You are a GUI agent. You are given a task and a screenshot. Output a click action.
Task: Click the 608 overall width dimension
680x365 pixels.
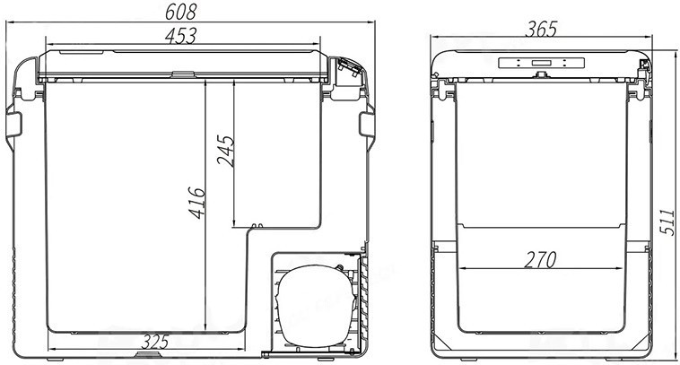(181, 12)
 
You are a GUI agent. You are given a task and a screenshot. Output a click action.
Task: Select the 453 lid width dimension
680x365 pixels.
(181, 36)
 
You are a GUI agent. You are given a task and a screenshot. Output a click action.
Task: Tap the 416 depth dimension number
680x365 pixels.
(196, 203)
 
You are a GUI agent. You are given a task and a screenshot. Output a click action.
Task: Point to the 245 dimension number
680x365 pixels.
(226, 151)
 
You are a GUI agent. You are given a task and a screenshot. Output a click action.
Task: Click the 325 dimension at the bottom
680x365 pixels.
(155, 342)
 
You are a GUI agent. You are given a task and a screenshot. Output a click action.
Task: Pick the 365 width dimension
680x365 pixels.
(541, 29)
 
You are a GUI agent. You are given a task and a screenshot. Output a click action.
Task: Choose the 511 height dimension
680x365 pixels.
(667, 222)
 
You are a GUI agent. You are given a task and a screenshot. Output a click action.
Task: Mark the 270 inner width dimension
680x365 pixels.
(540, 260)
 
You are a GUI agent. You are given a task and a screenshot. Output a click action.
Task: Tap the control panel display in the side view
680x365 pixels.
(541, 63)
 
